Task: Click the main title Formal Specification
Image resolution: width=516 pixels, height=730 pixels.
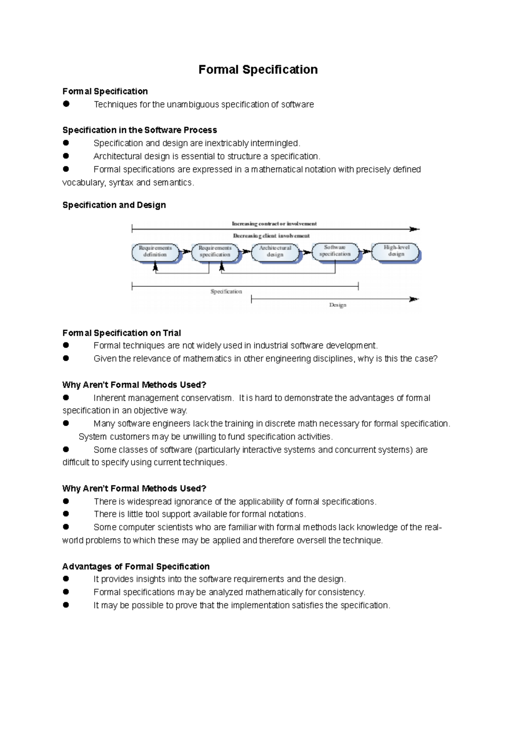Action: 258,70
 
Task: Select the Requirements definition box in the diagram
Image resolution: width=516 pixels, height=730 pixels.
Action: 155,252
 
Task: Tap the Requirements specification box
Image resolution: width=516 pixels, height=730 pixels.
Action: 215,252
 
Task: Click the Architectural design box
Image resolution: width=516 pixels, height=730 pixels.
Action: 275,252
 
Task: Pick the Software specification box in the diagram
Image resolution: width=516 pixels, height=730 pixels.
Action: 335,251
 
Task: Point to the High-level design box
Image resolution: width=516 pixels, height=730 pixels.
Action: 396,251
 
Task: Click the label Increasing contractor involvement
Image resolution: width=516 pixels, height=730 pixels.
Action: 274,224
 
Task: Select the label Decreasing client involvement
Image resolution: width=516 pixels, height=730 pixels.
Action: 271,236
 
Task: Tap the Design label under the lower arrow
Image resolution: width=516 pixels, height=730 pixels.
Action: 338,305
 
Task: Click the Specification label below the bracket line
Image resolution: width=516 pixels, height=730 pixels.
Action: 226,291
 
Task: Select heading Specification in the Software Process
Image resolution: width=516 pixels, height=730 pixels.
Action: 139,130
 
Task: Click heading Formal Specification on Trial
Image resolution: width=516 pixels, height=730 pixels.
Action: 121,333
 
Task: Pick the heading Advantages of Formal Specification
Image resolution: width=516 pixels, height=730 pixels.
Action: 136,566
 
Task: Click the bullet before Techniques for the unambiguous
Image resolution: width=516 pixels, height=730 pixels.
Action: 66,104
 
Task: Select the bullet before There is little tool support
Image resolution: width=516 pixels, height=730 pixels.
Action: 66,514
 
